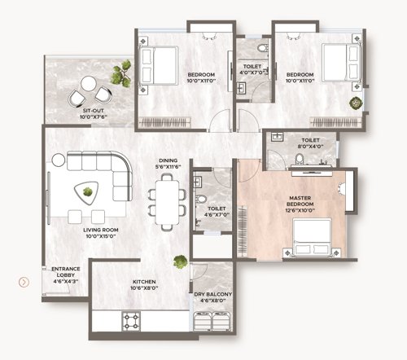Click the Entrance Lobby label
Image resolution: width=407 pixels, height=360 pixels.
click(65, 273)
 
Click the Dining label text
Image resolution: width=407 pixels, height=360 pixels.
click(167, 163)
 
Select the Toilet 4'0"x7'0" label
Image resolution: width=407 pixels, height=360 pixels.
click(252, 68)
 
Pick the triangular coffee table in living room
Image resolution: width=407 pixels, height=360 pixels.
click(84, 191)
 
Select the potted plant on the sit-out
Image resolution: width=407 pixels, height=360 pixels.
click(123, 74)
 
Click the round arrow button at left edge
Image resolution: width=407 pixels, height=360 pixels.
click(24, 283)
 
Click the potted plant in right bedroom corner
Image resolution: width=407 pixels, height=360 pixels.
click(355, 103)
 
